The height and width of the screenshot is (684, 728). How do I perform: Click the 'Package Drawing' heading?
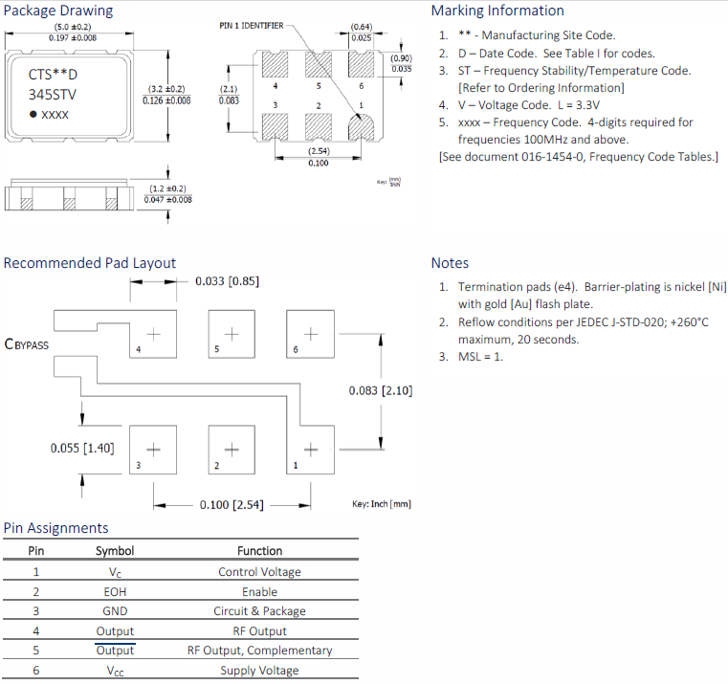point(58,11)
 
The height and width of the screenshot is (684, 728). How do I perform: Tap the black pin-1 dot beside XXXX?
point(33,114)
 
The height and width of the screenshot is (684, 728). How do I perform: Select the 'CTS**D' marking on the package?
point(54,74)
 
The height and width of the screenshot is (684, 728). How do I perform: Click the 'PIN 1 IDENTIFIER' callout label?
point(251,26)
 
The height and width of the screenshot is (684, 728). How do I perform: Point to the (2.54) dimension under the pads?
point(320,152)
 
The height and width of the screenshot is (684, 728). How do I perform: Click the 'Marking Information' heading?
point(497,11)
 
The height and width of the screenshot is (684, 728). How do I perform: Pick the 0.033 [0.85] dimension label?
point(227,281)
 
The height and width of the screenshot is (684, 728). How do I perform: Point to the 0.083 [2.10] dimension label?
point(381,390)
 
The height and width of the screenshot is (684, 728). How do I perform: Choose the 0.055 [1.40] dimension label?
point(82,448)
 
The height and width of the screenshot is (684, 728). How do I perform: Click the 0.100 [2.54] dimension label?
point(232,504)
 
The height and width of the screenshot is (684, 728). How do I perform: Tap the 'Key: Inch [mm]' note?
point(382,504)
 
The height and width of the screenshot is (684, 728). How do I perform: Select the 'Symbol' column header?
point(115,551)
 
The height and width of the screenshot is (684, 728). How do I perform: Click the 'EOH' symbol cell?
point(115,591)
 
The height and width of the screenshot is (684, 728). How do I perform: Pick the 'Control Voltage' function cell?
point(259,572)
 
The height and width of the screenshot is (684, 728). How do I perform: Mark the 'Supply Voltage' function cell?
point(259,671)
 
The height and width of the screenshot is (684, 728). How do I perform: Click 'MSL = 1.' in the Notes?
point(480,357)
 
